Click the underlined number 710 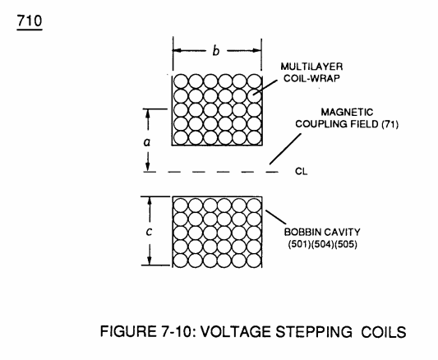point(30,21)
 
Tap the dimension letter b point(216,51)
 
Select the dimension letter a point(146,142)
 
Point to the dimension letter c point(150,231)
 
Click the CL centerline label point(301,171)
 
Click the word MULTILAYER point(311,67)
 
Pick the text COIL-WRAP point(311,78)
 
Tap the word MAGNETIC point(347,112)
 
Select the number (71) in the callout point(390,124)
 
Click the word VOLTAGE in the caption point(237,332)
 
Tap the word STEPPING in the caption point(314,332)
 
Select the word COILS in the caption point(384,332)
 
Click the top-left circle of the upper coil point(181,81)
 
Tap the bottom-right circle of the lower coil point(254,261)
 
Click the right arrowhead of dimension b point(257,51)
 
